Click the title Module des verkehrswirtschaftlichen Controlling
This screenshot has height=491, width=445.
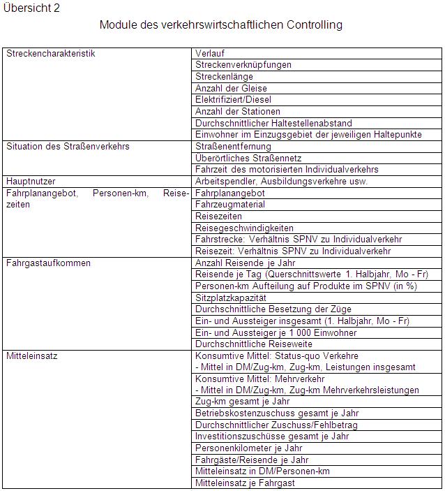click(221, 25)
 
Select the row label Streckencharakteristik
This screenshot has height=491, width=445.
click(50, 53)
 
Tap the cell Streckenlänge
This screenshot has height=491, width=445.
click(224, 77)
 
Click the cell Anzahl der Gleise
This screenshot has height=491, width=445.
click(232, 88)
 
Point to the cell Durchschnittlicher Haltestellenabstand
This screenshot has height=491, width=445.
click(273, 123)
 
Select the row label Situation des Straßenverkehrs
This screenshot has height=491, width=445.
click(68, 147)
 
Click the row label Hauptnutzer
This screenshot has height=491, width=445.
click(31, 182)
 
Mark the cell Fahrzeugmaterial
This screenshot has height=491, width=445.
click(230, 205)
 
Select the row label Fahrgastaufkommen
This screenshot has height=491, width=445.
click(48, 263)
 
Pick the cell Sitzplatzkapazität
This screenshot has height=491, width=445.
click(230, 298)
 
